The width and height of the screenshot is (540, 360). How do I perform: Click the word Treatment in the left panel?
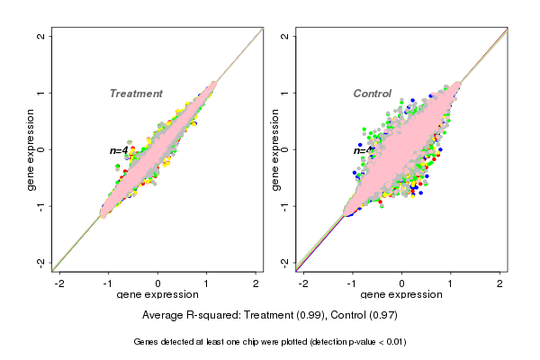coord(136,94)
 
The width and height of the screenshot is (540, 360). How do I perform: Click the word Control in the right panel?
coord(372,94)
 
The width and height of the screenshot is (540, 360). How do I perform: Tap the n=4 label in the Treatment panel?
coord(119,150)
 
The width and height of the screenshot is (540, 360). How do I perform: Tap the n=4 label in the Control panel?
coord(363,150)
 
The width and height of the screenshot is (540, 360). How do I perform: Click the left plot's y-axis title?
coord(31,149)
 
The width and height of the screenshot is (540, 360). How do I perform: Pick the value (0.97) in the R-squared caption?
coord(381,316)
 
